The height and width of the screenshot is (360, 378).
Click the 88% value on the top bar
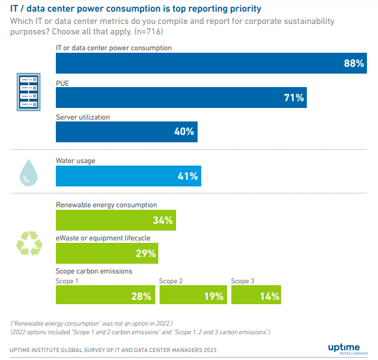point(354,63)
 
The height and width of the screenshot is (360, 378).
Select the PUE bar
point(181,98)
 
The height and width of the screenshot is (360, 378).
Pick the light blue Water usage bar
point(128,176)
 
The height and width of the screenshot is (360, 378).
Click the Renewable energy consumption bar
point(116,220)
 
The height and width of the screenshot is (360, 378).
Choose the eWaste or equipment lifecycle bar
point(107,253)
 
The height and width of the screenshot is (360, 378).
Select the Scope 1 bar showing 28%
point(105,296)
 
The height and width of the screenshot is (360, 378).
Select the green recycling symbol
point(29,242)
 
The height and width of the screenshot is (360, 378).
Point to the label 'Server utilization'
point(83,117)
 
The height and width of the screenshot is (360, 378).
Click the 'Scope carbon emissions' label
point(94,271)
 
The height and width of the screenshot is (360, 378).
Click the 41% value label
point(187,176)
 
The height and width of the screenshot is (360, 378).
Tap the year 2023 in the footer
point(225,350)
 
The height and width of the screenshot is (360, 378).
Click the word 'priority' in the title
point(242,9)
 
